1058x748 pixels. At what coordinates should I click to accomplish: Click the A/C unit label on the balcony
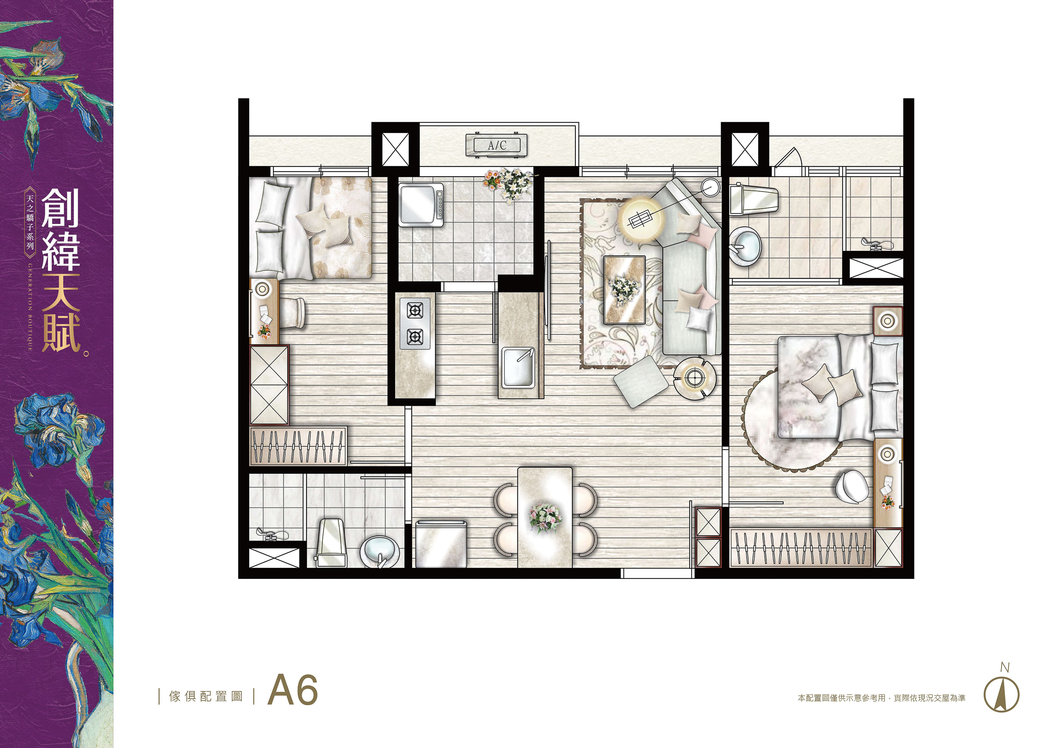[497, 145]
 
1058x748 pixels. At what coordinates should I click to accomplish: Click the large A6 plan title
[293, 690]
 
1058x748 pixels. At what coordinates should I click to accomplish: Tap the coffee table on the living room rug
[624, 290]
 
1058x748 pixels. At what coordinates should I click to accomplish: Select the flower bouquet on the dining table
[546, 517]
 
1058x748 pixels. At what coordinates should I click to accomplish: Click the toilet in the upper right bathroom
[754, 200]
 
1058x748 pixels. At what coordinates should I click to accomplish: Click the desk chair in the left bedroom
[292, 313]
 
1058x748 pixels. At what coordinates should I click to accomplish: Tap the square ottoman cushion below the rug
[640, 382]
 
